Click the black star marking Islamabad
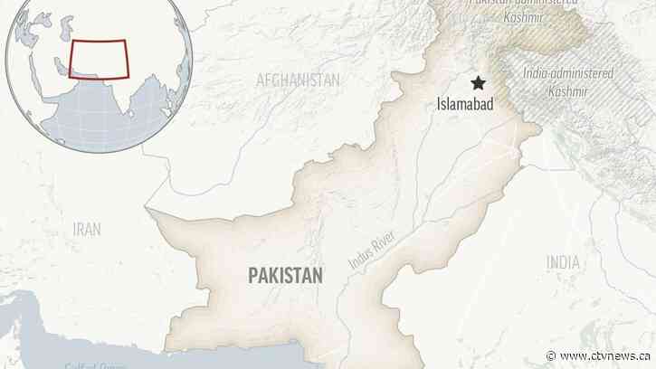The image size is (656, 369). (x=476, y=83)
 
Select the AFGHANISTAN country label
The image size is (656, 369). (x=298, y=80)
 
